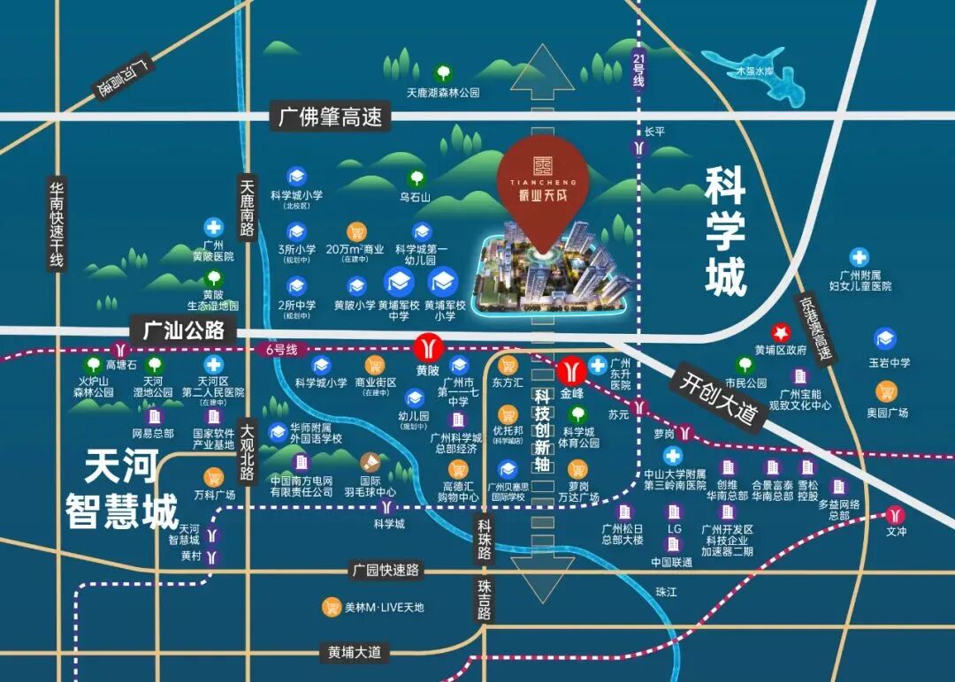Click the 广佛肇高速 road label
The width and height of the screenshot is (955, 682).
click(330, 116)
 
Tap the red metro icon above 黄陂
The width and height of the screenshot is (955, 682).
click(428, 345)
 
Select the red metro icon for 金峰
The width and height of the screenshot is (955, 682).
click(569, 365)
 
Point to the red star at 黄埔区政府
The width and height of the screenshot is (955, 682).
click(781, 332)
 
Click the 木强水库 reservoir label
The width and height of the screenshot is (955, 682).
click(755, 72)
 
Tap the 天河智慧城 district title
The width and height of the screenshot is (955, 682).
click(121, 489)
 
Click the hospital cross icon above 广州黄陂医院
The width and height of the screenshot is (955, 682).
click(213, 227)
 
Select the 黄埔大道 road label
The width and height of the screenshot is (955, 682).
click(355, 653)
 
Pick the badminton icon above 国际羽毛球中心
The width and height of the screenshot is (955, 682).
click(369, 461)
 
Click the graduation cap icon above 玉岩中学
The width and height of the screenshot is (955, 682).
click(884, 338)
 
